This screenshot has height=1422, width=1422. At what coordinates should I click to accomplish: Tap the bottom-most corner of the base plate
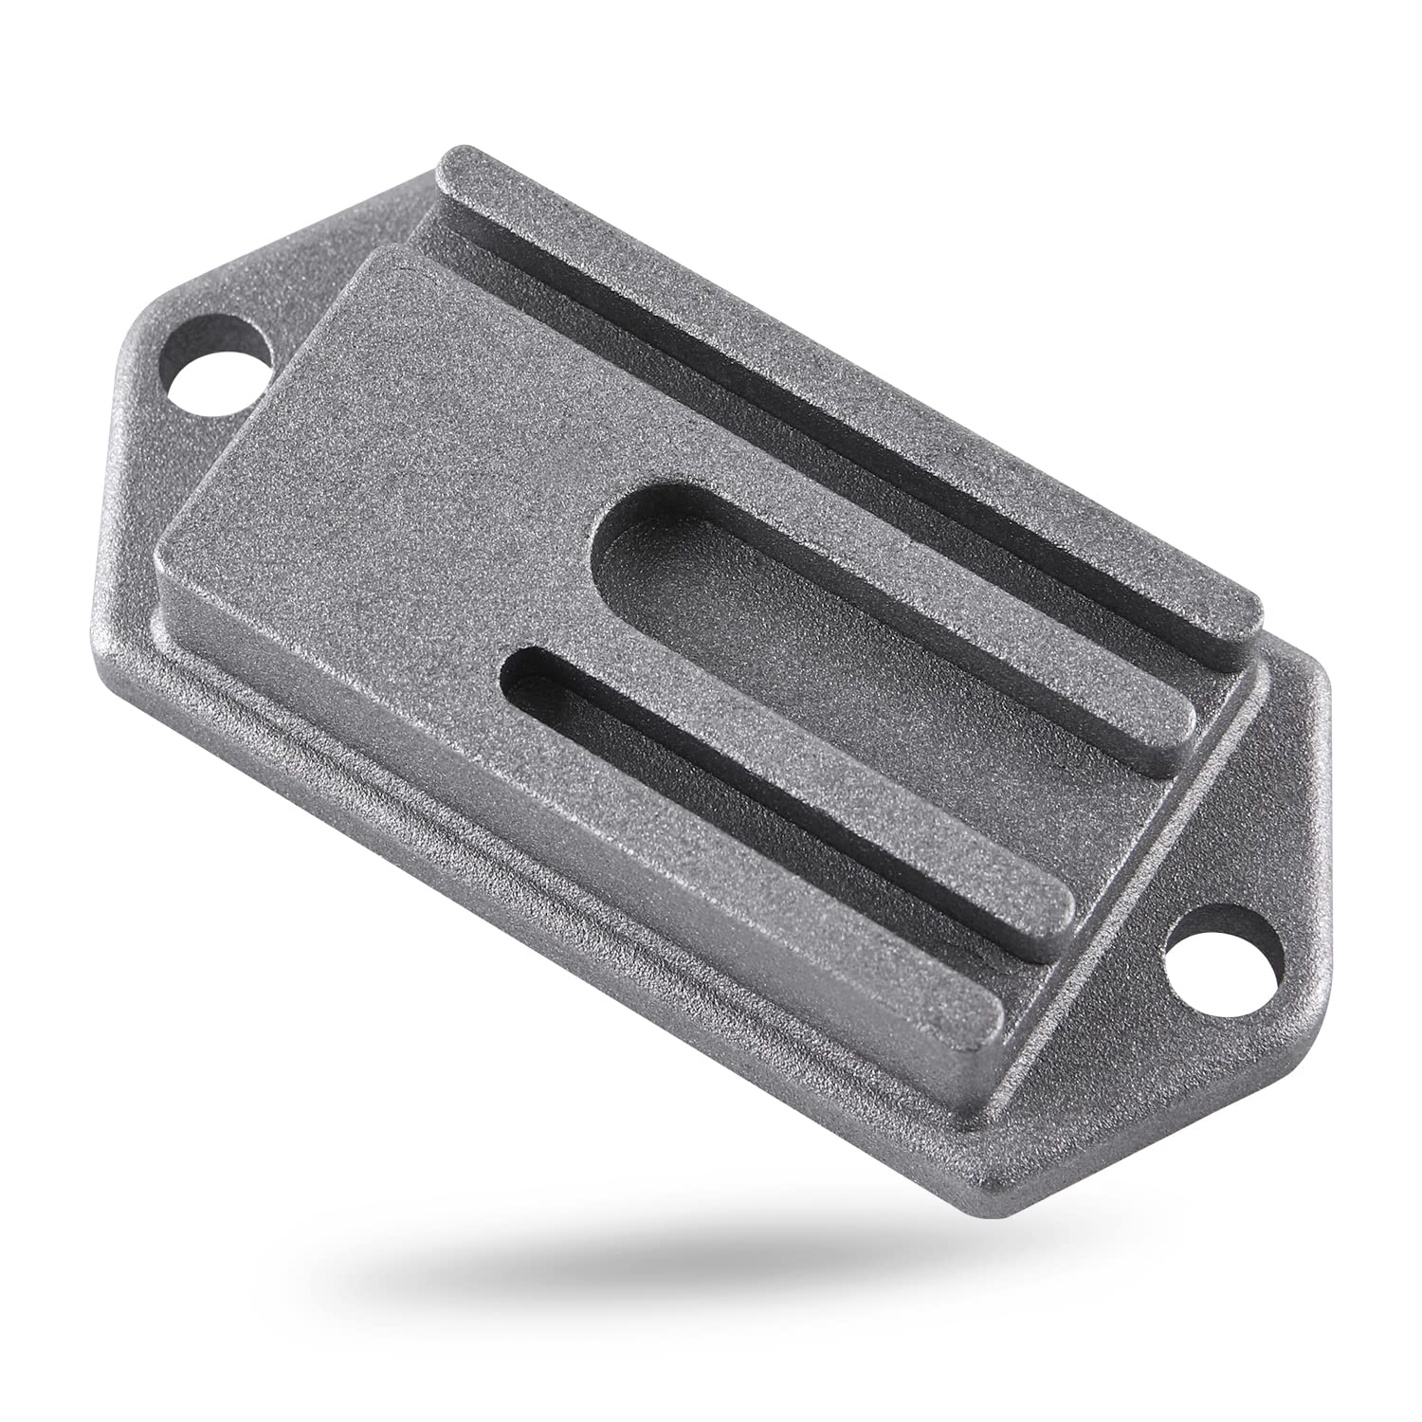click(x=986, y=1180)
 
